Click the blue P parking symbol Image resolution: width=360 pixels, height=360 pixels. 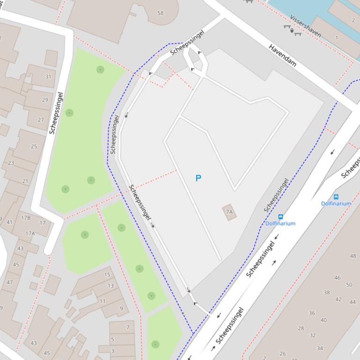pos(198,178)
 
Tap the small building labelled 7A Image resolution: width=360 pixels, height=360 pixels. pos(229,212)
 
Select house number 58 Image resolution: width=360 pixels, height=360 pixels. pos(161,13)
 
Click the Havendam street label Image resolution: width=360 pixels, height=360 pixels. pos(283,55)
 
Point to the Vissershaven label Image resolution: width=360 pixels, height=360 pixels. pos(305,25)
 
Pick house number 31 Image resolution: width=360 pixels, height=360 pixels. pos(48,77)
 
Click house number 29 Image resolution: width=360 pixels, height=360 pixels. pos(45,100)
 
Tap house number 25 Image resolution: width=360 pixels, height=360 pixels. pos(34,146)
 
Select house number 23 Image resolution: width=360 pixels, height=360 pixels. pos(11,163)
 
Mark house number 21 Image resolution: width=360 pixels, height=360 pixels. pos(25,181)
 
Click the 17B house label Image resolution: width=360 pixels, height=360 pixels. pos(26,217)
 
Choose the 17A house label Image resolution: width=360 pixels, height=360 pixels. pos(30,233)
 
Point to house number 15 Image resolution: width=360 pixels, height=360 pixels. pos(107,275)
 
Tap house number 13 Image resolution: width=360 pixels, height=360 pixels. pos(110,286)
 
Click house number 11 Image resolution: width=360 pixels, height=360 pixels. pos(102,301)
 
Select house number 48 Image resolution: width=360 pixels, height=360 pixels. pos(353,256)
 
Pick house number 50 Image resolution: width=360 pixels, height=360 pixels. pos(349,284)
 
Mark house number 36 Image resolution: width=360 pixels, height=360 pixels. pos(312,313)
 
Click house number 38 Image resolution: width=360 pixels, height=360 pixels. pos(326,292)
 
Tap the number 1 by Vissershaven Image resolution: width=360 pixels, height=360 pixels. pos(336,37)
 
